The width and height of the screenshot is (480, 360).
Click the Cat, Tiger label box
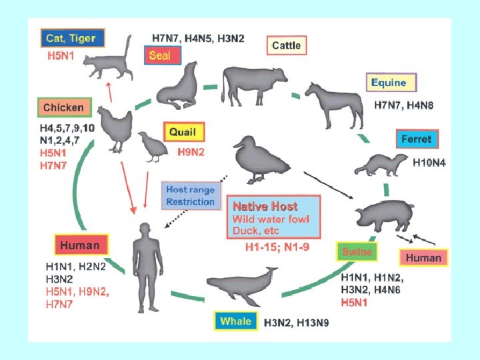click(x=71, y=39)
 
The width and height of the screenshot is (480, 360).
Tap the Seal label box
click(x=159, y=55)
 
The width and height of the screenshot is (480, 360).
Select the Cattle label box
click(x=286, y=46)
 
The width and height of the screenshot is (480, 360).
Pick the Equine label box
click(x=391, y=83)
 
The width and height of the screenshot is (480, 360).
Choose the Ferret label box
click(x=417, y=139)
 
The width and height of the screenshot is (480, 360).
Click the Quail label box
click(x=183, y=132)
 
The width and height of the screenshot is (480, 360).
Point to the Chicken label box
click(x=63, y=107)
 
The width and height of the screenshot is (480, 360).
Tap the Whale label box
click(x=236, y=321)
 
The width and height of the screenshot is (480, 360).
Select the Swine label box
click(x=357, y=252)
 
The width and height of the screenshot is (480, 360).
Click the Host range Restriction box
click(x=191, y=196)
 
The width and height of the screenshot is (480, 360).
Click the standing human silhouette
click(x=146, y=267)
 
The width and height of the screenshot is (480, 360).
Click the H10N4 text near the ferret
click(x=429, y=161)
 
